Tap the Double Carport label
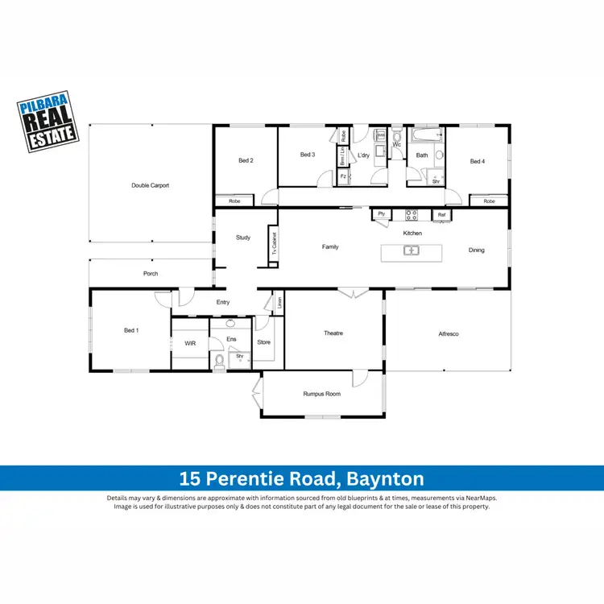151,185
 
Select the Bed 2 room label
246,160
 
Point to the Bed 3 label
307,155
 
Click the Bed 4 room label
478,161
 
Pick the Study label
243,238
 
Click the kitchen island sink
412,250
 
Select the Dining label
477,250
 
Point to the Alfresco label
449,333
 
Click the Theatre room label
333,333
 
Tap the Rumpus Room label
322,394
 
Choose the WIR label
190,343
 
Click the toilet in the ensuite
219,361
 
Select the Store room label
264,342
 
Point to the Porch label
151,274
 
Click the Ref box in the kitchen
441,215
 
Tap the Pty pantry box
382,214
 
